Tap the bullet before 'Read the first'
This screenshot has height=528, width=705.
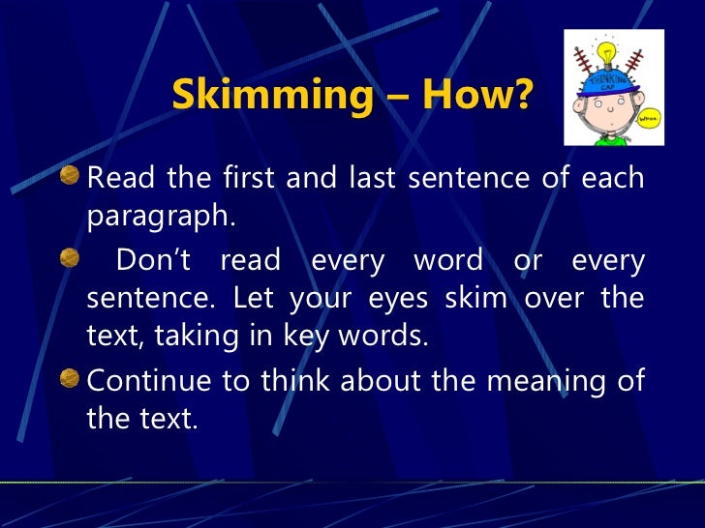click(70, 177)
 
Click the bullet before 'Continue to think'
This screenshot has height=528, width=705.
click(70, 379)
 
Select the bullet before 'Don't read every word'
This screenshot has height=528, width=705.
click(70, 259)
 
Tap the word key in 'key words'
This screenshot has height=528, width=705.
click(332, 337)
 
